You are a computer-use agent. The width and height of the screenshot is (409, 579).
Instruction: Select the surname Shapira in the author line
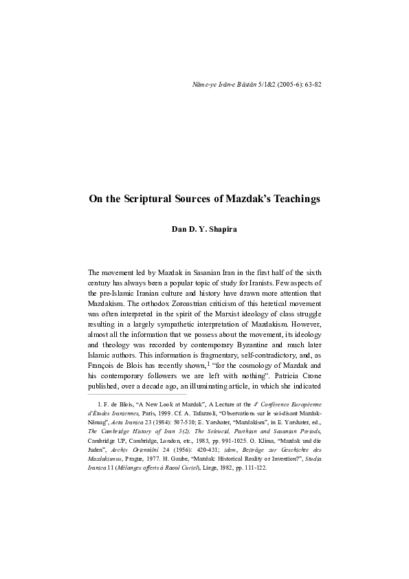[x=221, y=228]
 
